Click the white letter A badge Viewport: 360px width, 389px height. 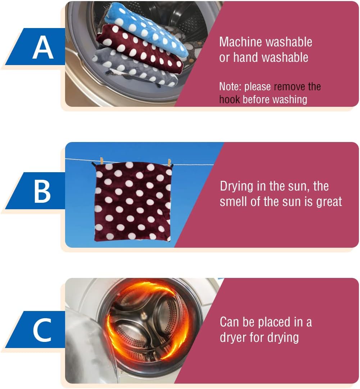(x=43, y=47)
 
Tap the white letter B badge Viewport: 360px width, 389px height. (x=42, y=191)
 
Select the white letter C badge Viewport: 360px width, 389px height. (x=42, y=330)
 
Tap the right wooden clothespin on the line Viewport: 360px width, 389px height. (x=169, y=163)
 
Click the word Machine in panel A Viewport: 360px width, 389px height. (x=239, y=42)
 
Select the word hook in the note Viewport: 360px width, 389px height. (x=229, y=100)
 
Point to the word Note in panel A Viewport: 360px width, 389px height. (x=230, y=87)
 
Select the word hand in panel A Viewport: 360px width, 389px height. (x=246, y=57)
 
